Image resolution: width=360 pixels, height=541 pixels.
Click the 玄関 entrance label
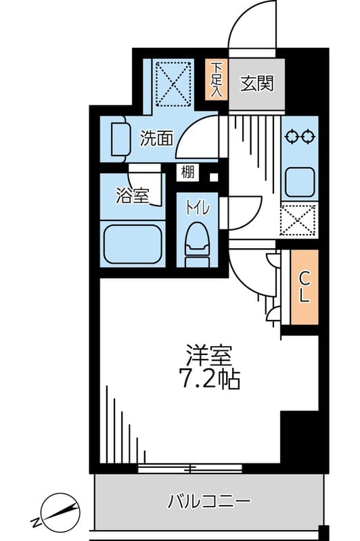click(256, 85)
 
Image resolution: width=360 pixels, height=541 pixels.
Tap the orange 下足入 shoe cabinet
click(216, 81)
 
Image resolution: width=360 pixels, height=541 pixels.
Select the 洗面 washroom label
click(156, 139)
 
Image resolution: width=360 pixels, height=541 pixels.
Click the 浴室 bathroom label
click(132, 197)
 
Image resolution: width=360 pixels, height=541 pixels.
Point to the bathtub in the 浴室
click(133, 243)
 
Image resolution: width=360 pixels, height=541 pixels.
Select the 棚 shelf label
click(187, 172)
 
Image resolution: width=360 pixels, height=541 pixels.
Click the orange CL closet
click(304, 287)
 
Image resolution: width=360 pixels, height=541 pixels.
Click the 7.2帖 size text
click(210, 380)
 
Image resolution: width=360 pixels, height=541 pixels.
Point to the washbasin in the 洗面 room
click(120, 139)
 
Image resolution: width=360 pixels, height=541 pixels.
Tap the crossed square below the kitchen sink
click(298, 220)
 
